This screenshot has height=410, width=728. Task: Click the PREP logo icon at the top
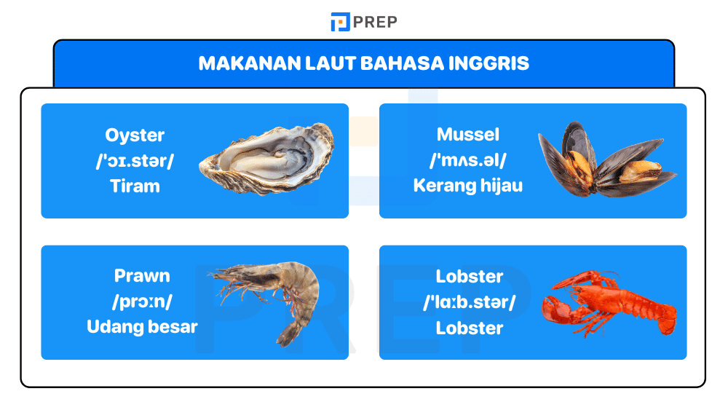point(340,22)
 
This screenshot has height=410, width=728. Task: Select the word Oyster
point(135,135)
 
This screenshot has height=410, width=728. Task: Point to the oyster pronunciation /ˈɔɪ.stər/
point(135,160)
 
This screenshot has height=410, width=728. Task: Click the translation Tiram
point(135,186)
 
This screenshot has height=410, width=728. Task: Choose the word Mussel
point(468,135)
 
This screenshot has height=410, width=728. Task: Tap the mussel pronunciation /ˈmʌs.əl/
point(468,160)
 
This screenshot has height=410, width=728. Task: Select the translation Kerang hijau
point(468,186)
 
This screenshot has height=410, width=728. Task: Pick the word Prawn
point(142,276)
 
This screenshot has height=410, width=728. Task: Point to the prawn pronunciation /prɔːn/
point(142,301)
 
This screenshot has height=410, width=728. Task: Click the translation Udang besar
point(142,327)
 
